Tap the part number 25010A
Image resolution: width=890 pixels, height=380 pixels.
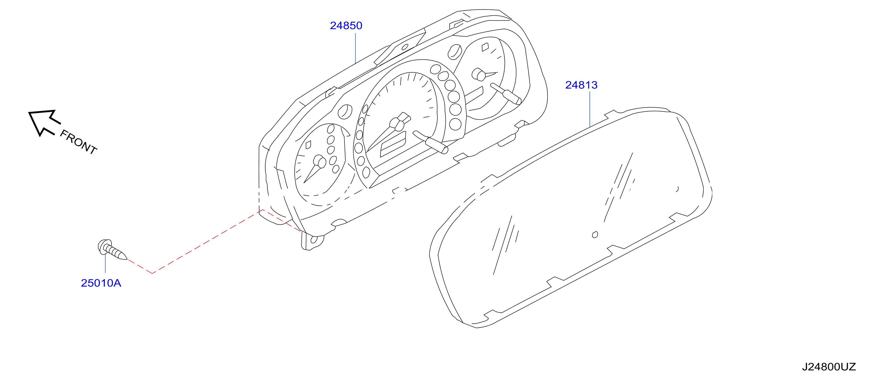pyautogui.click(x=101, y=283)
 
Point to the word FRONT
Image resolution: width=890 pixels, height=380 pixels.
pyautogui.click(x=79, y=142)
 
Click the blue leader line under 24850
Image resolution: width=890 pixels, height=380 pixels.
pyautogui.click(x=355, y=48)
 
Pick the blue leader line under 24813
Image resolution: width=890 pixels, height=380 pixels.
pyautogui.click(x=590, y=109)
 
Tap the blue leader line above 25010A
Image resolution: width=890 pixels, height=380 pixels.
pyautogui.click(x=105, y=263)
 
